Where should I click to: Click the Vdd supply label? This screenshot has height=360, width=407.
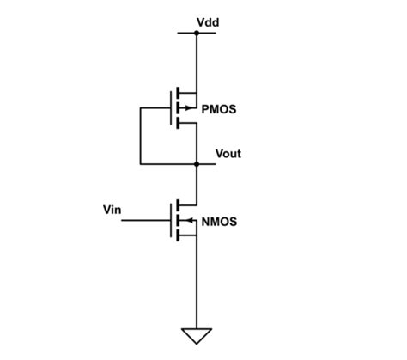208,21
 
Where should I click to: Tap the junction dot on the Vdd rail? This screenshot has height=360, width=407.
197,34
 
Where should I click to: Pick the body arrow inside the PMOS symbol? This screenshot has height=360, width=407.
185,108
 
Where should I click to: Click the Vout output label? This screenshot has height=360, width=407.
227,154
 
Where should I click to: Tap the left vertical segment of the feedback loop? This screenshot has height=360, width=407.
139,136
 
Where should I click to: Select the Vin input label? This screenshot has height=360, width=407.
112,209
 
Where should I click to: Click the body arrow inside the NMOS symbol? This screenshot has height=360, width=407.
187,221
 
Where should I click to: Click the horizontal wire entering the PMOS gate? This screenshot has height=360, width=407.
155,108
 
